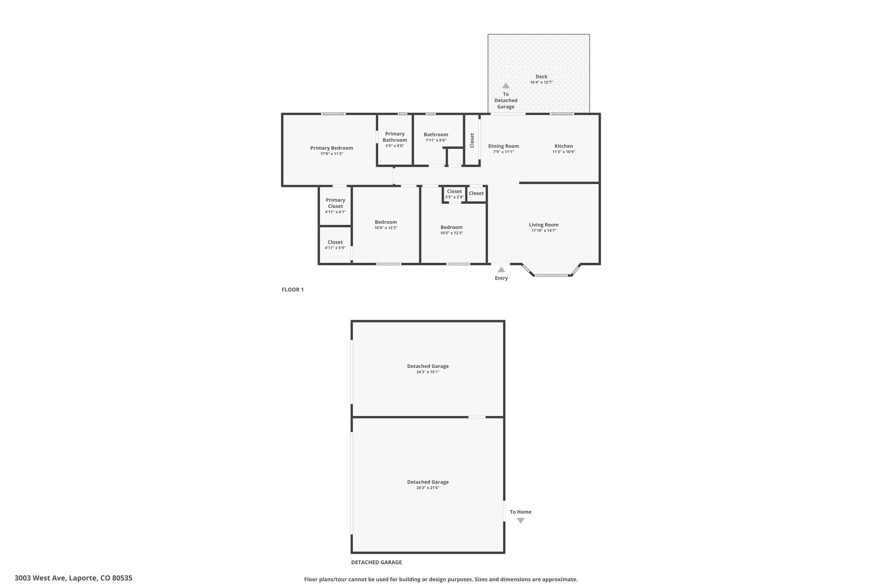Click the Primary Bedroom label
[x=332, y=148]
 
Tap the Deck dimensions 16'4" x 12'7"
[x=541, y=82]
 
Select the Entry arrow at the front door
[x=501, y=270]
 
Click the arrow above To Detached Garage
[x=506, y=86]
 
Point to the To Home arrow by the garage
[x=521, y=520]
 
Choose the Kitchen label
[x=564, y=146]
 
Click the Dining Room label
[x=503, y=146]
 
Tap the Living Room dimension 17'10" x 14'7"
[x=544, y=230]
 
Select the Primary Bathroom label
[x=395, y=137]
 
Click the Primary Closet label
[x=335, y=203]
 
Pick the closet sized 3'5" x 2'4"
[x=454, y=194]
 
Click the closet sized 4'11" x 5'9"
[x=335, y=245]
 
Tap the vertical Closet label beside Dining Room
[x=472, y=140]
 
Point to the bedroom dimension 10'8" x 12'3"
[x=386, y=228]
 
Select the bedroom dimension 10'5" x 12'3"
[x=451, y=233]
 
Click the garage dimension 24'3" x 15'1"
[x=428, y=372]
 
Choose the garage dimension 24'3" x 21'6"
[x=428, y=488]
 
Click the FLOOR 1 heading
[x=293, y=289]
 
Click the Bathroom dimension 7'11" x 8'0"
[x=436, y=140]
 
